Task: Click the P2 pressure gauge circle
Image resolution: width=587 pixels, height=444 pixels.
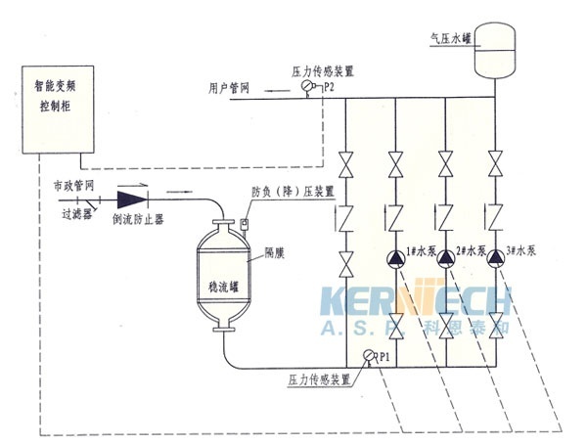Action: point(309,88)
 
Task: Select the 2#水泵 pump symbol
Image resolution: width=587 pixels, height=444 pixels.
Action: point(447,258)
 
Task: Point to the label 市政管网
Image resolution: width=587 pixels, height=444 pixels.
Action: point(72,184)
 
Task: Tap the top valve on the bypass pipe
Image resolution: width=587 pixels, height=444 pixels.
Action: point(347,159)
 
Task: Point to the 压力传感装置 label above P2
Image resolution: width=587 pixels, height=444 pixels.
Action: point(323,71)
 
